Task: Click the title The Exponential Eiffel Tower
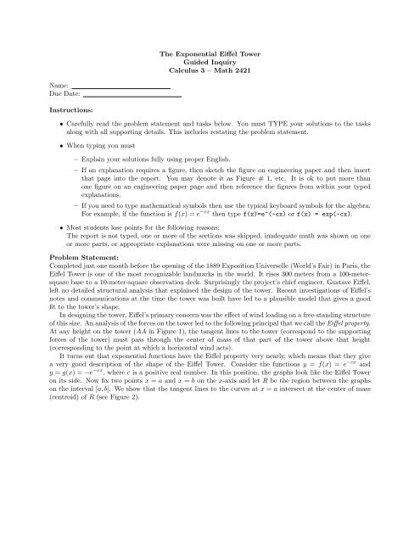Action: (x=209, y=53)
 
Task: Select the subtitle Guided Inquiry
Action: (x=209, y=62)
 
